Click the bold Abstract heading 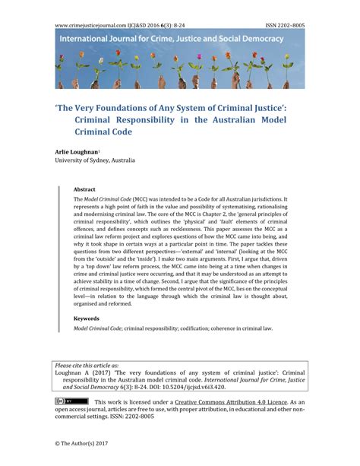pyautogui.click(x=85, y=189)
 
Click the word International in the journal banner pyautogui.click(x=90, y=38)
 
